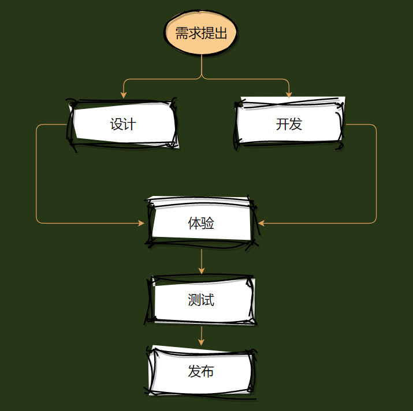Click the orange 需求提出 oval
(201, 33)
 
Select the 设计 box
(123, 124)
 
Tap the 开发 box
(289, 124)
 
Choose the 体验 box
(201, 223)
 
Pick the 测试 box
(201, 300)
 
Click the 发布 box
(201, 371)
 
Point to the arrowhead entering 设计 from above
(123, 95)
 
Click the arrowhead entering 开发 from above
(289, 95)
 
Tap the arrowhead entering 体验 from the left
(142, 223)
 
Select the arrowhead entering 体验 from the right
(261, 223)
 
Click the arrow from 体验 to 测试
(201, 261)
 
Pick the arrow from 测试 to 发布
(201, 335)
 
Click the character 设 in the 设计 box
(116, 124)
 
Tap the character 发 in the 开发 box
(296, 124)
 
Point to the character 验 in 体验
(208, 223)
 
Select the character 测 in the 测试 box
(194, 300)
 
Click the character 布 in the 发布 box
(208, 371)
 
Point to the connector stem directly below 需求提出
(201, 66)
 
